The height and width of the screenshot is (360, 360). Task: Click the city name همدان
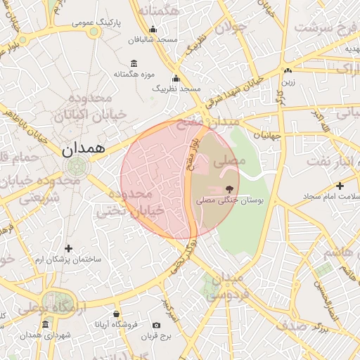tap(82, 148)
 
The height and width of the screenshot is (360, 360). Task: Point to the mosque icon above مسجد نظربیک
tap(176, 78)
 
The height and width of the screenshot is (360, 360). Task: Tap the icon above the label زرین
tap(288, 71)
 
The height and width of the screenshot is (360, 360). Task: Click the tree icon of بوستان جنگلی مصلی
tap(229, 188)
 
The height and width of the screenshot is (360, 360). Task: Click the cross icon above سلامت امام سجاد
tap(340, 186)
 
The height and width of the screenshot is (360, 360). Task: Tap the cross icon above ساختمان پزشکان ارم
tap(68, 248)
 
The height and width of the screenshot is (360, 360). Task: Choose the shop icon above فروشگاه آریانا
tap(116, 314)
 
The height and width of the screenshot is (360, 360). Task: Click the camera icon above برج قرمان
tap(156, 325)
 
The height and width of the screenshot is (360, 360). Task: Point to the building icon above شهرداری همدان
tap(46, 324)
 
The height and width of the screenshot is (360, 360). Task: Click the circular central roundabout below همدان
tap(75, 167)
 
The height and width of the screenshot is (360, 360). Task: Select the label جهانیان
tap(268, 134)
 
